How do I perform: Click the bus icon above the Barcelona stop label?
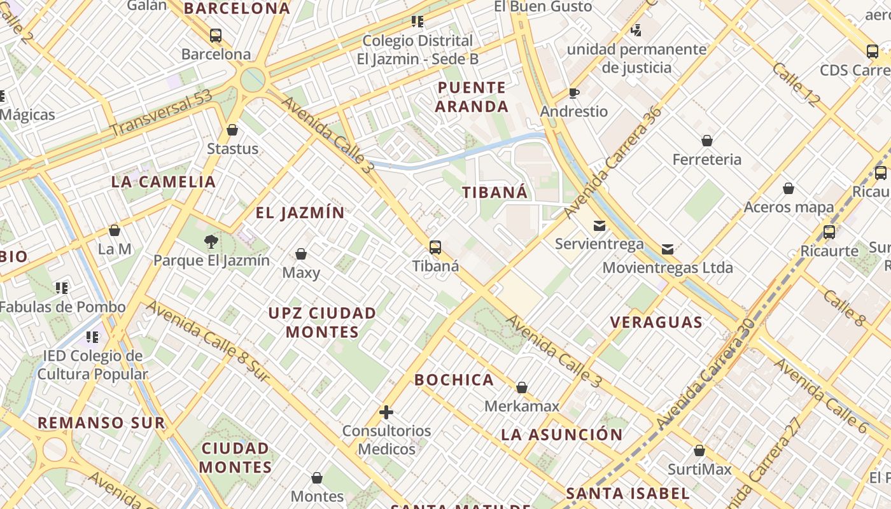pyautogui.click(x=216, y=36)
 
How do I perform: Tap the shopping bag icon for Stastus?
pyautogui.click(x=232, y=130)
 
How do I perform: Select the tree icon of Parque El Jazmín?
pyautogui.click(x=211, y=241)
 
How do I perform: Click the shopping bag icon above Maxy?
pyautogui.click(x=301, y=254)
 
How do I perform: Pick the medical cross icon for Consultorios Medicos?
pyautogui.click(x=386, y=412)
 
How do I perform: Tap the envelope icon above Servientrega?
pyautogui.click(x=600, y=226)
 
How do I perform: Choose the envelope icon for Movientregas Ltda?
pyautogui.click(x=668, y=249)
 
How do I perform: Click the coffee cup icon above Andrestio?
pyautogui.click(x=574, y=94)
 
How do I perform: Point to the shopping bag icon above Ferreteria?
pyautogui.click(x=707, y=141)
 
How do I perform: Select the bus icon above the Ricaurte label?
pyautogui.click(x=829, y=232)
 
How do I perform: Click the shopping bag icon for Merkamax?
pyautogui.click(x=522, y=387)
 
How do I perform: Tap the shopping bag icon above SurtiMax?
pyautogui.click(x=699, y=451)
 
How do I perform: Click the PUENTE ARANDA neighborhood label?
pyautogui.click(x=472, y=97)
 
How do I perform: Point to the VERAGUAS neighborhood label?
pyautogui.click(x=656, y=322)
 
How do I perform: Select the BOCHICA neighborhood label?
pyautogui.click(x=454, y=380)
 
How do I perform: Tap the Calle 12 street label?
pyautogui.click(x=796, y=84)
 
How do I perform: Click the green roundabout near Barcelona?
pyautogui.click(x=253, y=80)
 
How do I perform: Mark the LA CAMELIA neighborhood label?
pyautogui.click(x=164, y=181)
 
